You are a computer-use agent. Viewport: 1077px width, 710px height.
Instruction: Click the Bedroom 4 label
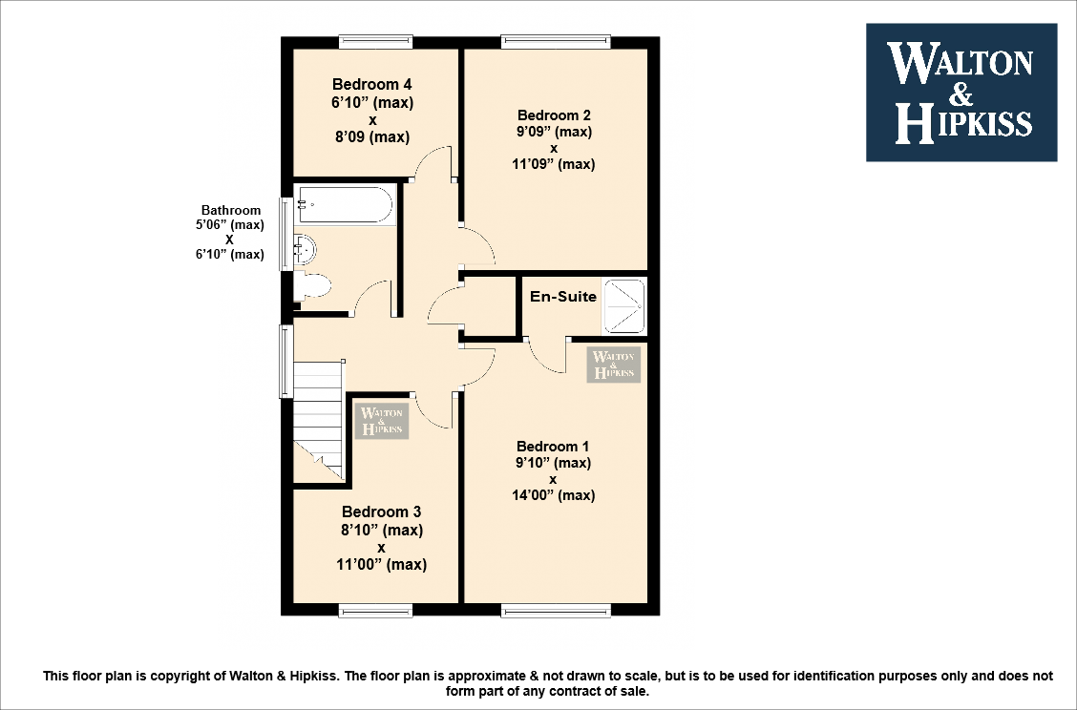(x=372, y=84)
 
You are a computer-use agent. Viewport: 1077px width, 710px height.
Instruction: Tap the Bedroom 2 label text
(x=554, y=116)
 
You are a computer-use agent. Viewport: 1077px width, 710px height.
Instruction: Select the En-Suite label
(x=563, y=297)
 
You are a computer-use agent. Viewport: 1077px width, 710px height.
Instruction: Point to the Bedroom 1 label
(x=553, y=447)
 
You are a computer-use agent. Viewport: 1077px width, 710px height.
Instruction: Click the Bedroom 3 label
(x=381, y=512)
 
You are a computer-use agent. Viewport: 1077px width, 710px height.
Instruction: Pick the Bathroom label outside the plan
(x=230, y=211)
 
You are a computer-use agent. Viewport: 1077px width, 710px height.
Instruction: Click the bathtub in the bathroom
(x=344, y=204)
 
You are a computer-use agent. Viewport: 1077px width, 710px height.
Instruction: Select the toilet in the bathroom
(x=313, y=285)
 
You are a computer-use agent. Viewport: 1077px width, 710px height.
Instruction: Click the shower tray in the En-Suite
(x=624, y=305)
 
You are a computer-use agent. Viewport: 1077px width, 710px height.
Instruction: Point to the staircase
(x=317, y=420)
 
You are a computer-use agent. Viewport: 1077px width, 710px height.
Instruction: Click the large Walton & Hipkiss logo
(x=961, y=93)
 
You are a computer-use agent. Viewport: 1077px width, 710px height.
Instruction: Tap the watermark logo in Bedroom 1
(x=614, y=365)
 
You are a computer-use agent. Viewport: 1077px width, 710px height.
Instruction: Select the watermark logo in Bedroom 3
(x=382, y=422)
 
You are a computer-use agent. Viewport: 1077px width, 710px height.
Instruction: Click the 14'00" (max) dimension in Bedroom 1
(x=553, y=495)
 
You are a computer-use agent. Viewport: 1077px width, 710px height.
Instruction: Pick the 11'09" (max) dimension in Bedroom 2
(x=553, y=164)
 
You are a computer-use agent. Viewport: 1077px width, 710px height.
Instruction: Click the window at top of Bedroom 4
(x=376, y=41)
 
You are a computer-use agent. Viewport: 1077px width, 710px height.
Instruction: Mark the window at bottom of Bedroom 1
(x=555, y=611)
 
